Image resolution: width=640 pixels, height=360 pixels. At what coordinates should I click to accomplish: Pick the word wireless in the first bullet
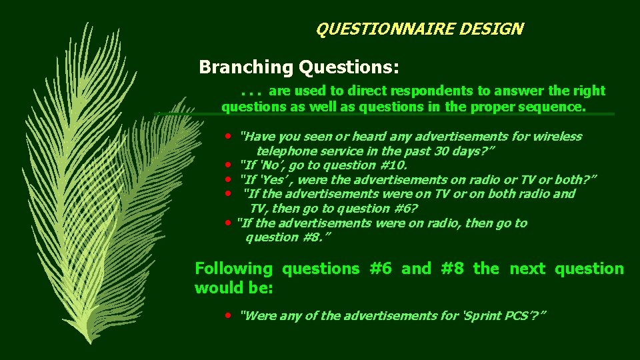[556, 137]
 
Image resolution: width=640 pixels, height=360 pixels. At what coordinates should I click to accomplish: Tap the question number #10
[391, 165]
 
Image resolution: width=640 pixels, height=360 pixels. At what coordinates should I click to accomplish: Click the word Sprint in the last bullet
[483, 315]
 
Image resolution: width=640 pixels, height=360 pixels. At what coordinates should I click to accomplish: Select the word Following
[233, 269]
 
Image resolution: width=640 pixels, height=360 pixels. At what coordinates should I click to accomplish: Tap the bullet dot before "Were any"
[228, 314]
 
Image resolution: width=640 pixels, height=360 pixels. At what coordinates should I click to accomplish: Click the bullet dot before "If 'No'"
[228, 164]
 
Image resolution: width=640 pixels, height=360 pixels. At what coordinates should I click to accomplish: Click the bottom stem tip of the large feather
[85, 343]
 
